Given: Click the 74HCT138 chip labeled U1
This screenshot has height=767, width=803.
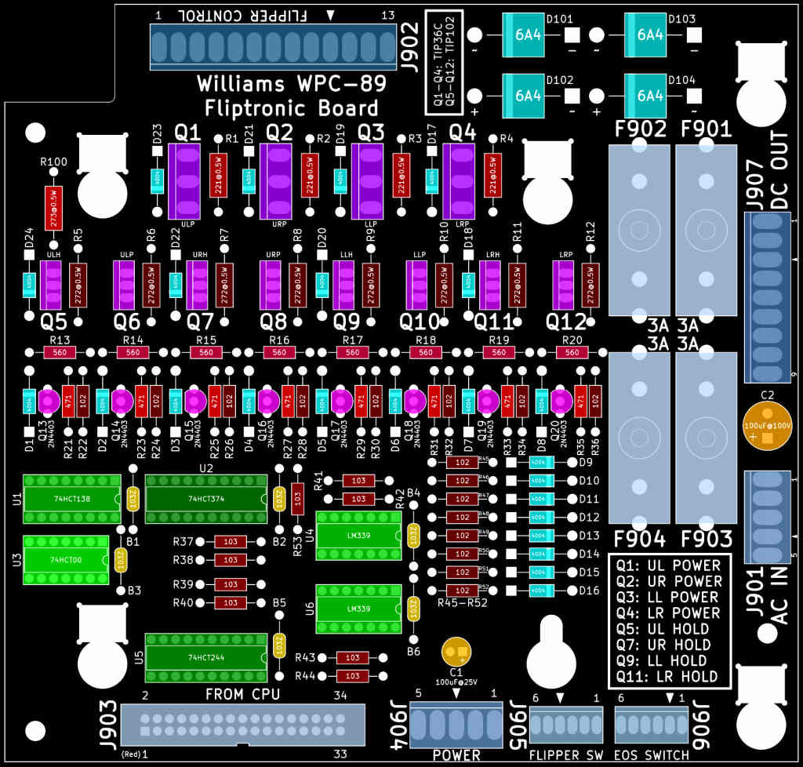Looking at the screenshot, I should point(66,498).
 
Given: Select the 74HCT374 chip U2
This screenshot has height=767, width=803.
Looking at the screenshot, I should point(206,498).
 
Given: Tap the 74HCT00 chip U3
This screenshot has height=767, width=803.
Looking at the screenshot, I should point(66,560).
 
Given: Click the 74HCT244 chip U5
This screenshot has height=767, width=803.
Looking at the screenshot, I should point(206,657).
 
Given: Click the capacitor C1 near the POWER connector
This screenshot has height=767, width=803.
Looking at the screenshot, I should point(456,651).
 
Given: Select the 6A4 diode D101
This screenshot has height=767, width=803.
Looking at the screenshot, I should point(528,35).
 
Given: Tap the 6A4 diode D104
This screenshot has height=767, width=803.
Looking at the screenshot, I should point(650,96).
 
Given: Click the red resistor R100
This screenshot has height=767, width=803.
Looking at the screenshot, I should point(53,208).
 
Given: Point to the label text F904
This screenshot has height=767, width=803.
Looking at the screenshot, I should point(640,540).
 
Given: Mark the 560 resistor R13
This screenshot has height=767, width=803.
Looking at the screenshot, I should point(60,353).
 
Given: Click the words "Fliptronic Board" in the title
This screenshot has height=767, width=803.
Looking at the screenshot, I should point(292,108).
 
